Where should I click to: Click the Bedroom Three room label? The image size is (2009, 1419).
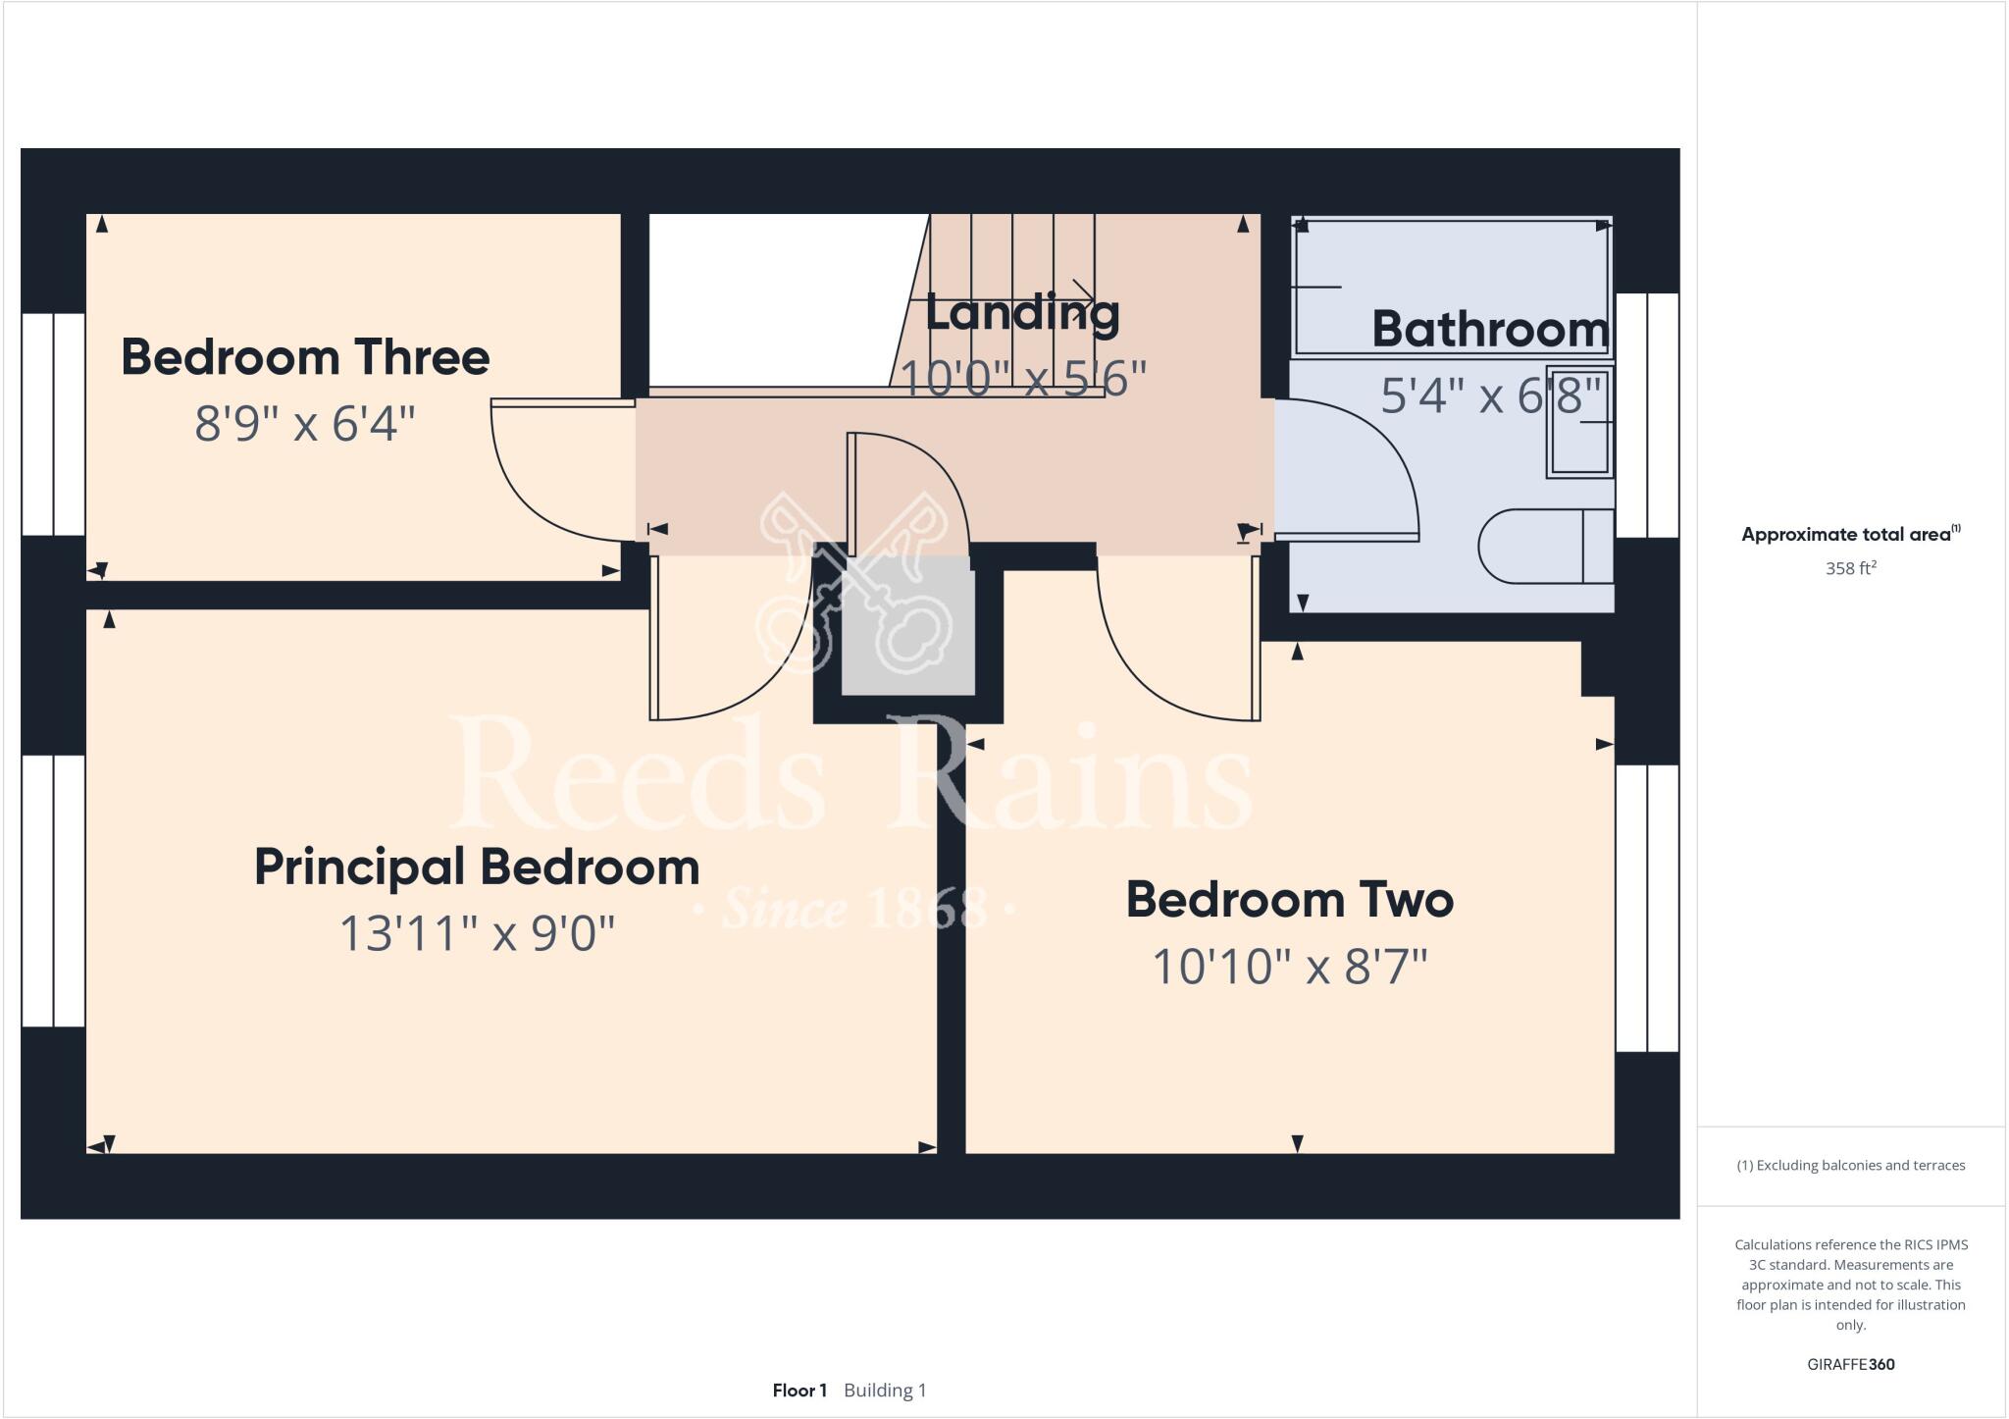coord(305,357)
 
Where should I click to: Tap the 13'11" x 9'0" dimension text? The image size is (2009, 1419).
coord(477,933)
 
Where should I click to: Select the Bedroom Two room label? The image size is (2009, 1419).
coord(1289,900)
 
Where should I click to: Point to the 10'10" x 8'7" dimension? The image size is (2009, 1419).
coord(1289,968)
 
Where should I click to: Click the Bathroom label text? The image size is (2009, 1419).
coord(1489,329)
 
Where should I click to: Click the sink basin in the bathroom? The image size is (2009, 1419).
coord(1578,422)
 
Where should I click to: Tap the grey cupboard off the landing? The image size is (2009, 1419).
coord(908,628)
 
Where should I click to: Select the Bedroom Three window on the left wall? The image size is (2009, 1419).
coord(53,424)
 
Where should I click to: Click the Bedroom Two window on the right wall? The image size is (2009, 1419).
coord(1647,908)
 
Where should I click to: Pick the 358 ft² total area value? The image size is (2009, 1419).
coord(1850,568)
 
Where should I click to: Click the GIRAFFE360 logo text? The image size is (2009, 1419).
coord(1850,1364)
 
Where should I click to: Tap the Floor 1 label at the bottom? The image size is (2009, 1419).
coord(799,1391)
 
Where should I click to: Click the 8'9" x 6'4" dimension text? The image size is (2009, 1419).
coord(305,425)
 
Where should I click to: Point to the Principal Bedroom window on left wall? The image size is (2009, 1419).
coord(53,890)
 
